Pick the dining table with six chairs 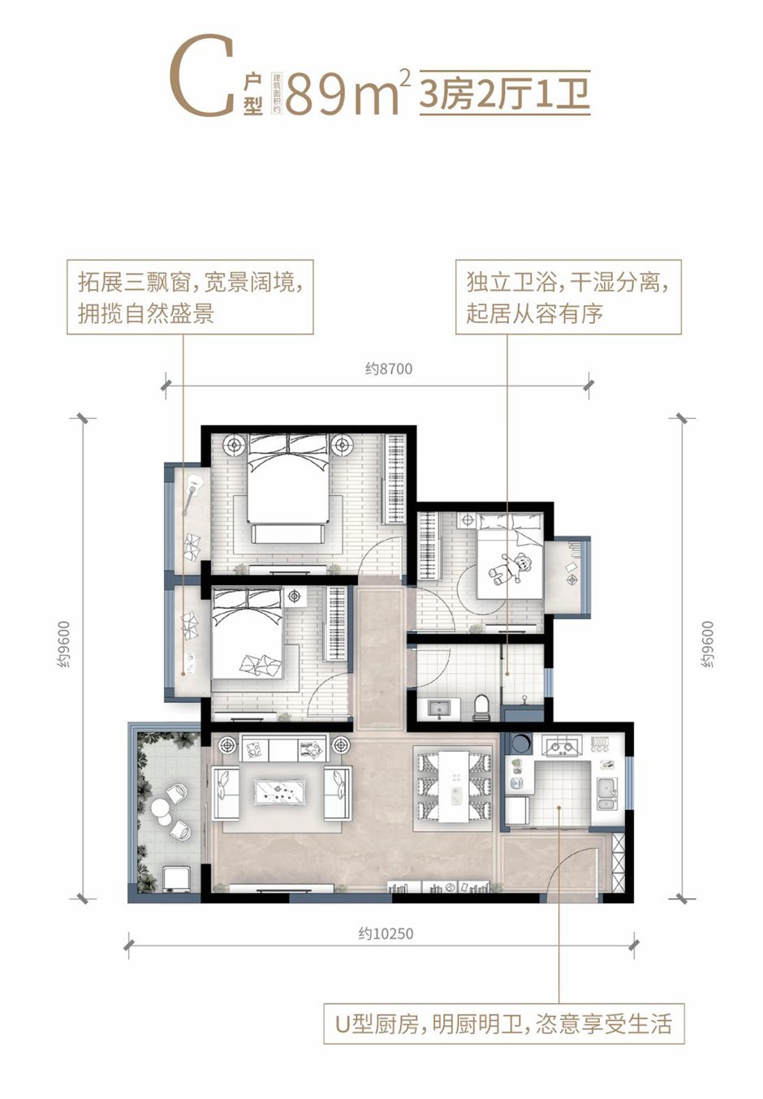453,787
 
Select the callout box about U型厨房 504,1024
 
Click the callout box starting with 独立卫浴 567,297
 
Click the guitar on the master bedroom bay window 192,493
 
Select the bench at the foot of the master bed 289,532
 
